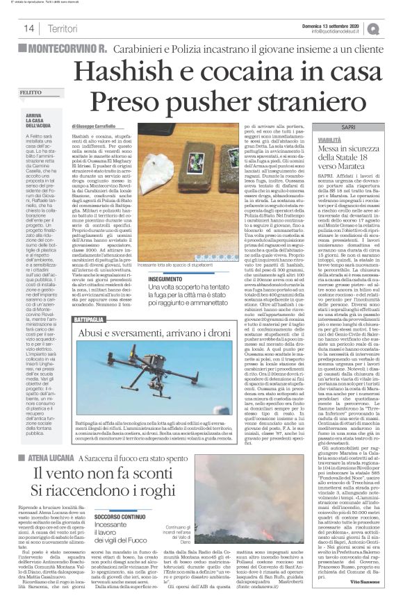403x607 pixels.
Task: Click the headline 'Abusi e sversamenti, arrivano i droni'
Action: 163,333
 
